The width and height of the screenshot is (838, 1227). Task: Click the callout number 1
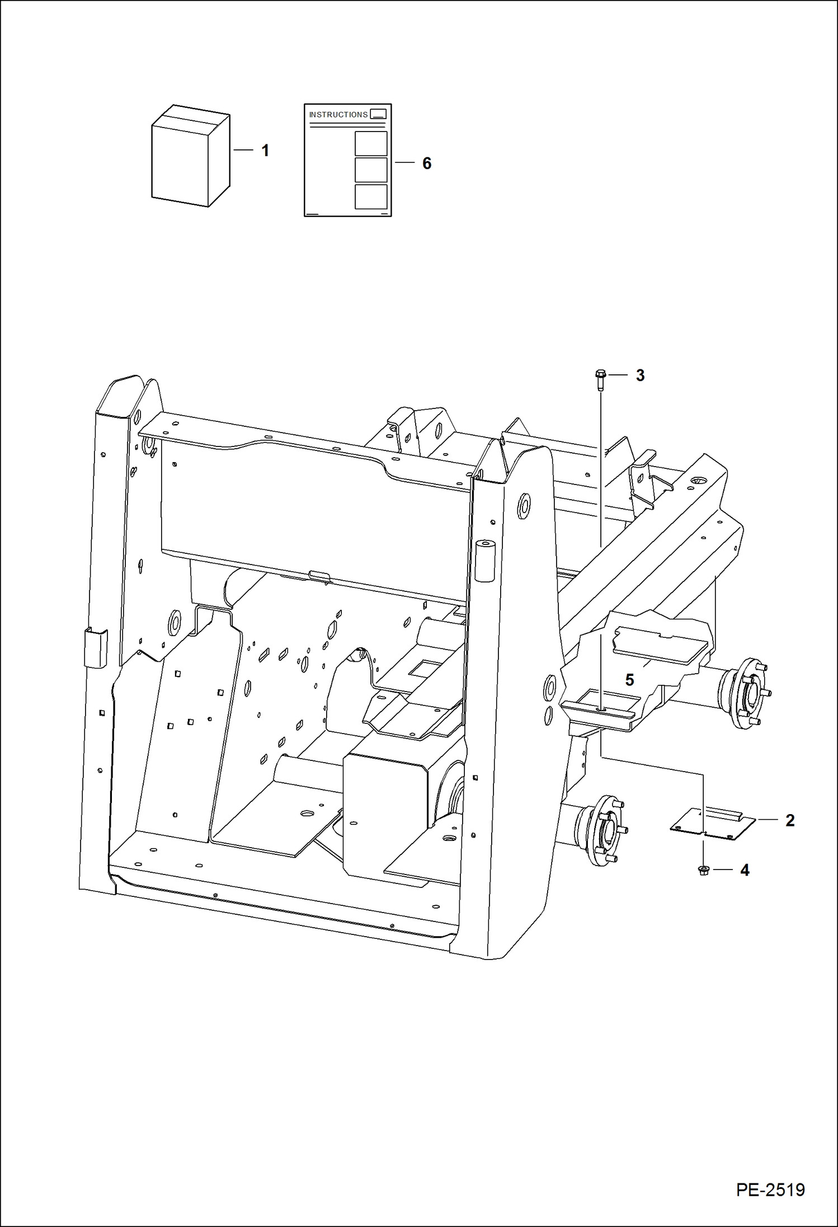coord(265,151)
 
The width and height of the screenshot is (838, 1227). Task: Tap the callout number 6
coord(427,163)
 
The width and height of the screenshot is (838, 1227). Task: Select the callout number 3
coord(640,375)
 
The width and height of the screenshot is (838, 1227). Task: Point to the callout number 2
coord(790,820)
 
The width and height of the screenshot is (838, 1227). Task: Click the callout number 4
coord(745,870)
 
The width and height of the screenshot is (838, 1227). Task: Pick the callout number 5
coord(629,680)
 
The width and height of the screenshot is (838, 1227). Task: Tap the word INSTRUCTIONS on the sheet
coord(338,115)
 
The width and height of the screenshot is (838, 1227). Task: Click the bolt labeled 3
coord(600,379)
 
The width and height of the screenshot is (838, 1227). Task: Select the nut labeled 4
coord(704,870)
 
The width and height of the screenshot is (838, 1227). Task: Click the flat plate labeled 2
coord(712,824)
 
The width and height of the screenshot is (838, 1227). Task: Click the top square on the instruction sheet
coord(371,144)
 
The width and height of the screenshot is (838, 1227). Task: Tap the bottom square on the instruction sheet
coord(371,197)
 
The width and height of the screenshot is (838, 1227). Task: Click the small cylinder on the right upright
coord(484,561)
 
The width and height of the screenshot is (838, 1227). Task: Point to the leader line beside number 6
coord(404,163)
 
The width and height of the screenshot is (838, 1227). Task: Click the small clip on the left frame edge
coord(96,647)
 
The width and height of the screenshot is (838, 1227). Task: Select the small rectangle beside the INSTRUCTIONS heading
coord(378,114)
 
